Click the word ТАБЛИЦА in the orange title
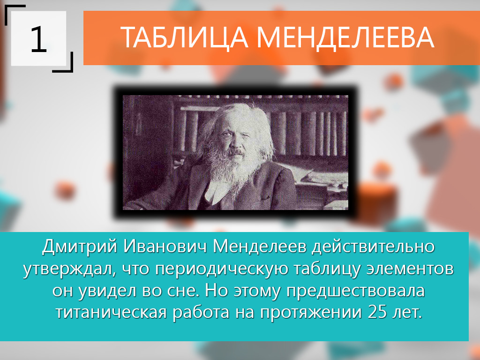coord(184,37)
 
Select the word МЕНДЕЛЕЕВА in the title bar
coord(345,37)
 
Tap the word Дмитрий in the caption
coord(80,247)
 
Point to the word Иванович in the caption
coord(165,246)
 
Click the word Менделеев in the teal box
coord(260,247)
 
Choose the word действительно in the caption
coord(373,247)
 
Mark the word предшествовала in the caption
coord(356,291)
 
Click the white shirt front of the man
coord(216,193)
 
